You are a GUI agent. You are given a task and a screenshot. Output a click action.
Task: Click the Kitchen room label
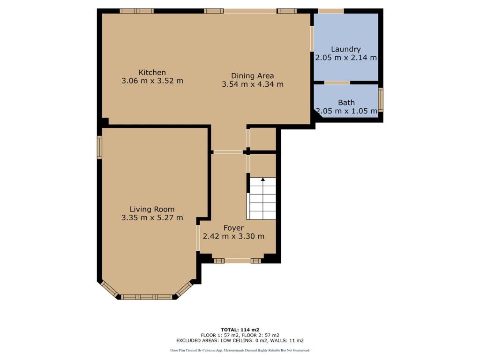152,73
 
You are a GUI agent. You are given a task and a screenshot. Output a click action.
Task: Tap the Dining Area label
253,76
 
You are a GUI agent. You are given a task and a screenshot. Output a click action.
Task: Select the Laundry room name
346,49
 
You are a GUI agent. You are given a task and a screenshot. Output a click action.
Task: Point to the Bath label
346,103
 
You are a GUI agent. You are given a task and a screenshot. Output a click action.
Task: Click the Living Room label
152,210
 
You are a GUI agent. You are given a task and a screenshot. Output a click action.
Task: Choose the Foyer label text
233,228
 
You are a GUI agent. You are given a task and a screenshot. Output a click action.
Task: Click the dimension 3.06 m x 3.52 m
152,81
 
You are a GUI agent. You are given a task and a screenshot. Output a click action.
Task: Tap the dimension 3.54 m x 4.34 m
253,84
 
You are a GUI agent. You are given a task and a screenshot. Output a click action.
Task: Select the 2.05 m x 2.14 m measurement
346,58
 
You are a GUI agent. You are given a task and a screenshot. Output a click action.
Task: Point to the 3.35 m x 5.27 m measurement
152,217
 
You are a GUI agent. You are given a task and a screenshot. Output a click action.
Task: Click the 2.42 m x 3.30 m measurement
233,236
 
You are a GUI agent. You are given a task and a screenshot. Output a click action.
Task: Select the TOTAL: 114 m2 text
240,330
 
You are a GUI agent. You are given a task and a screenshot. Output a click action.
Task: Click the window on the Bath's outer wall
381,100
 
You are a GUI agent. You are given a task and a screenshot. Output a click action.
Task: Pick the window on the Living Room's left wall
99,147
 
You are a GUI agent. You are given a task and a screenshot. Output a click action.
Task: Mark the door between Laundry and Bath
337,82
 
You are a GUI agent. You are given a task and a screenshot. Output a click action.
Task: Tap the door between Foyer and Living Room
198,238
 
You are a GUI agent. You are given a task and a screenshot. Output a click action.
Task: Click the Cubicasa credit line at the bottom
240,350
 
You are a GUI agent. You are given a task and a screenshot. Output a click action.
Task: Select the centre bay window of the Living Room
147,297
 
